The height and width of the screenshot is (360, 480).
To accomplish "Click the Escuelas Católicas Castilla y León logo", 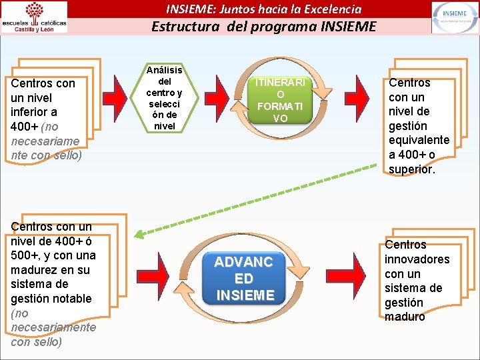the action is pyautogui.click(x=35, y=17).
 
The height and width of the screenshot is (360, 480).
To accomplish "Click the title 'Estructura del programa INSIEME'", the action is pyautogui.click(x=263, y=27).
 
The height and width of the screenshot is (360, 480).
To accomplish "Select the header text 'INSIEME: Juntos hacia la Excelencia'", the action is pyautogui.click(x=263, y=9).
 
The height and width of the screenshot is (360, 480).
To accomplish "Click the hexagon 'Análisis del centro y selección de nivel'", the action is pyautogui.click(x=165, y=98).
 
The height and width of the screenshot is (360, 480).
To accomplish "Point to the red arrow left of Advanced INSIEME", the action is pyautogui.click(x=167, y=273).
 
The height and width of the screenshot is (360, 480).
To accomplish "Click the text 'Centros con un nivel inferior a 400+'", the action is pyautogui.click(x=43, y=105).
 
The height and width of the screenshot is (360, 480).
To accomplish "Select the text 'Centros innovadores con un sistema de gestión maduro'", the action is pyautogui.click(x=417, y=281).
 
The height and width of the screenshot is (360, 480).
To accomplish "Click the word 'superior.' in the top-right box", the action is pyautogui.click(x=412, y=169).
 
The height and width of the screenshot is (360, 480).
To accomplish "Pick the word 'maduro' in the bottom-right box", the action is pyautogui.click(x=405, y=317).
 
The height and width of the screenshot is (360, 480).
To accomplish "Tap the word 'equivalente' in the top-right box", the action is pyautogui.click(x=419, y=141).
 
